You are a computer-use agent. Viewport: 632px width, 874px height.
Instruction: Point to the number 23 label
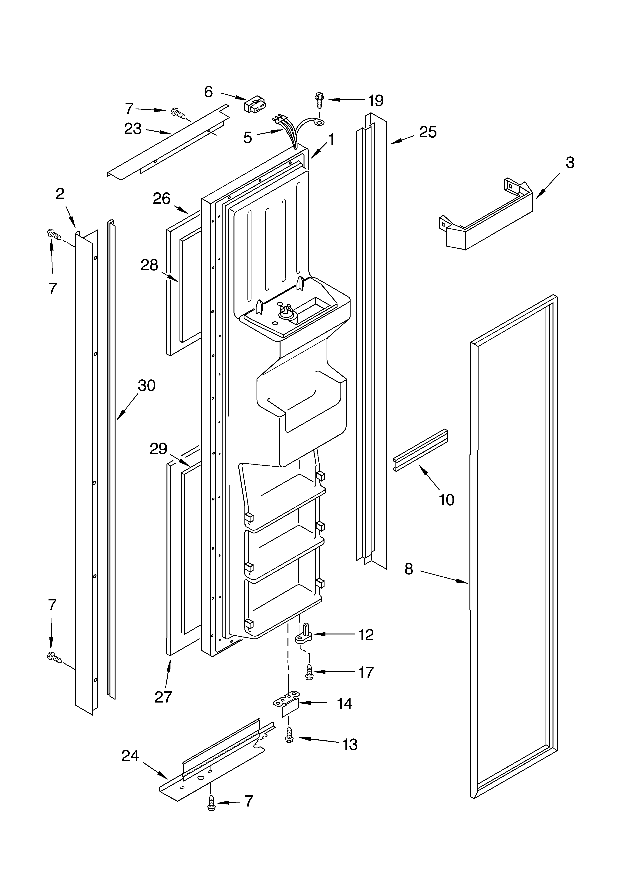pos(133,129)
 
